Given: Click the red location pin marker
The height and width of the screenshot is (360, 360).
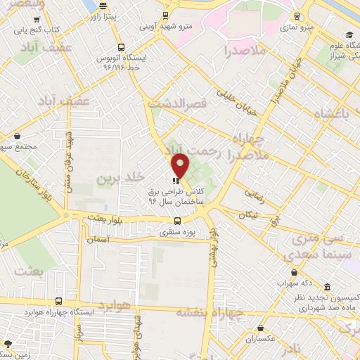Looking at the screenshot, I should pyautogui.click(x=181, y=165).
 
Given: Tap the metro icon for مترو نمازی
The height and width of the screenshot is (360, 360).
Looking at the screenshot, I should pyautogui.click(x=298, y=15).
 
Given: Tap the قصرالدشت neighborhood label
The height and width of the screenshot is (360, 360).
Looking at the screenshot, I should pyautogui.click(x=186, y=103).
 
